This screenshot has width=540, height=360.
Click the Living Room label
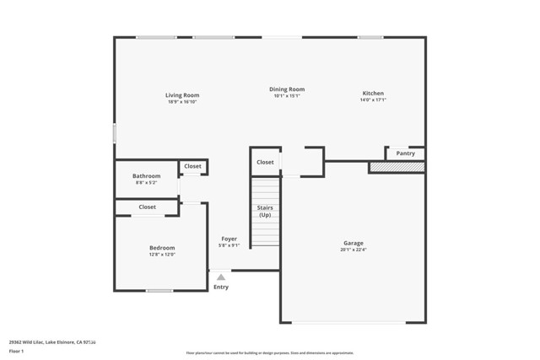pos(182,95)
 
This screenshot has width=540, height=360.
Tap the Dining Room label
pos(287,89)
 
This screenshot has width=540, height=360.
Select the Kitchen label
pos(373,93)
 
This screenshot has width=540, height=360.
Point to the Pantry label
pos(405,153)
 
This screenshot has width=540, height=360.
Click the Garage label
pos(353,243)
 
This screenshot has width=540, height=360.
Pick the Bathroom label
pos(147,175)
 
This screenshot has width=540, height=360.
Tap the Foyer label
pos(229,239)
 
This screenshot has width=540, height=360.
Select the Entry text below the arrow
pos(221,287)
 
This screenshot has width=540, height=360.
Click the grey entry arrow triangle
pos(221,277)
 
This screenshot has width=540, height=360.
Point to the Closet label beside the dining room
pos(265,162)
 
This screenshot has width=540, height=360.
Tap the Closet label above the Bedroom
pos(148,207)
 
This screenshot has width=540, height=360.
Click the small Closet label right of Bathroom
pos(192,166)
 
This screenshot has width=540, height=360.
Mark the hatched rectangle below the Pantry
pos(397,168)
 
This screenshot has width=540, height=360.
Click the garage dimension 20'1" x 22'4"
pos(353,250)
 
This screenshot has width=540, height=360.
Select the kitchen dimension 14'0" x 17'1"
pos(373,99)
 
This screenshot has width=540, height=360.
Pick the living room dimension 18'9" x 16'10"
pos(182,102)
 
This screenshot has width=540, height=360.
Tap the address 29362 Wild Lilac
pos(40,342)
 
